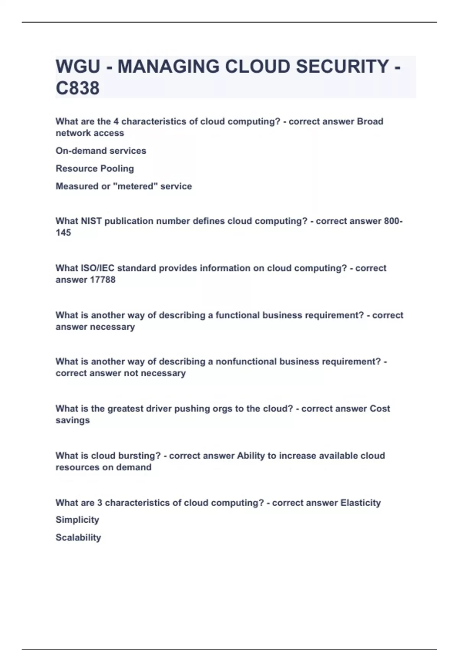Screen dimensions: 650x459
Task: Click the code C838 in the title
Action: (78, 88)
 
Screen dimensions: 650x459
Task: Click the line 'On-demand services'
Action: (101, 151)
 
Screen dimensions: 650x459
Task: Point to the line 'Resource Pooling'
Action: (94, 168)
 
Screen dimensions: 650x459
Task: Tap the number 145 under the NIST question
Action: (63, 232)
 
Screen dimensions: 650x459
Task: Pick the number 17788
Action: (103, 279)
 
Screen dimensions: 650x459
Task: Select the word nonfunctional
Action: (246, 361)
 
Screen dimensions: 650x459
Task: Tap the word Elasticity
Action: (360, 502)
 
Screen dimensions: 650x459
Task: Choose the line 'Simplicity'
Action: (77, 520)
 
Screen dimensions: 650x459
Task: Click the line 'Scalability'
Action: (78, 537)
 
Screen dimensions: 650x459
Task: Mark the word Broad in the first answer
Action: (370, 121)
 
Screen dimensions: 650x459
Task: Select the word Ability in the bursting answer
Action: (251, 455)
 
